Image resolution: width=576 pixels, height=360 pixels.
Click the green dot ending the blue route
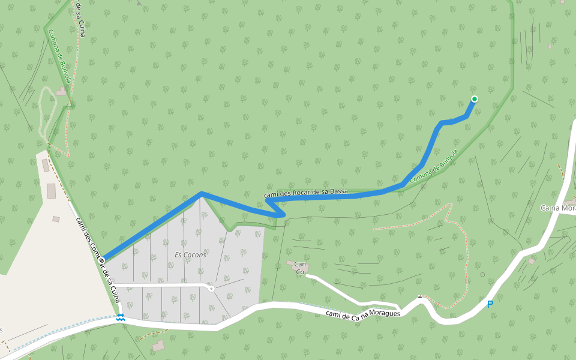[475, 99]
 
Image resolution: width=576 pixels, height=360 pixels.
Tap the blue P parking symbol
[490, 304]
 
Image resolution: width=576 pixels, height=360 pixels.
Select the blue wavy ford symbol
[121, 317]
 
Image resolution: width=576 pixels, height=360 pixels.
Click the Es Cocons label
[190, 254]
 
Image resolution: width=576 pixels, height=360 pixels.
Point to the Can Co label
[301, 268]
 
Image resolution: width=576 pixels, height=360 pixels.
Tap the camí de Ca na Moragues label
[362, 314]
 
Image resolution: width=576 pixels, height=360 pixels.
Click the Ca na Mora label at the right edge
[558, 208]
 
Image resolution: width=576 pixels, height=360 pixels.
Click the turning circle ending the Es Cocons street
[211, 288]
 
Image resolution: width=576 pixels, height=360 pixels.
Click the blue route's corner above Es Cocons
[202, 193]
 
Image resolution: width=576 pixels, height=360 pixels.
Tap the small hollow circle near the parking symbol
[482, 275]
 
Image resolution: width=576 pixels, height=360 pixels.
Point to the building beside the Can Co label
[298, 272]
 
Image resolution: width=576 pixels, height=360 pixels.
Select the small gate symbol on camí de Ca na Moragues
[420, 297]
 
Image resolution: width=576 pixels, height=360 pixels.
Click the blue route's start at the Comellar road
[105, 257]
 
